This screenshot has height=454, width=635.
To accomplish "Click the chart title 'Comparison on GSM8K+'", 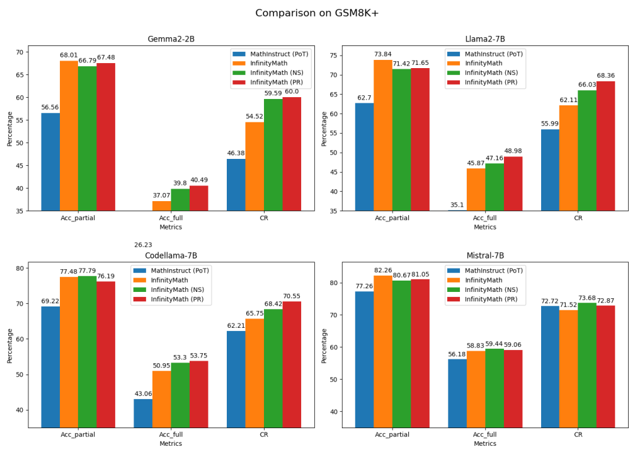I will (x=317, y=13).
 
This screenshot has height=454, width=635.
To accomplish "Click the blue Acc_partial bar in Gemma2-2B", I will (x=50, y=161).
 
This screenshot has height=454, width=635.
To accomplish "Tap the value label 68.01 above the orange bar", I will (x=69, y=55).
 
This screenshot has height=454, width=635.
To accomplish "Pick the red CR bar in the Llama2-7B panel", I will (x=605, y=146).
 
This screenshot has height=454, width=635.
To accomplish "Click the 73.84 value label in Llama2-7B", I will (x=383, y=55).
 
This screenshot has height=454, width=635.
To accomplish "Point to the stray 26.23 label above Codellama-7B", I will (x=143, y=245).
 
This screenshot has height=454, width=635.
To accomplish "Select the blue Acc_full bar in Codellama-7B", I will (x=143, y=413).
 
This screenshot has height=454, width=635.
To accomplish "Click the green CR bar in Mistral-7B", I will (x=587, y=365).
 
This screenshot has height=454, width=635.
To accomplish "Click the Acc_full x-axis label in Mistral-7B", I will (x=485, y=435).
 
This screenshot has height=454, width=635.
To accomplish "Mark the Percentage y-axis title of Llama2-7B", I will (x=324, y=129).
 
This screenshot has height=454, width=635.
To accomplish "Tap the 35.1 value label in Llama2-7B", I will (x=457, y=205).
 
